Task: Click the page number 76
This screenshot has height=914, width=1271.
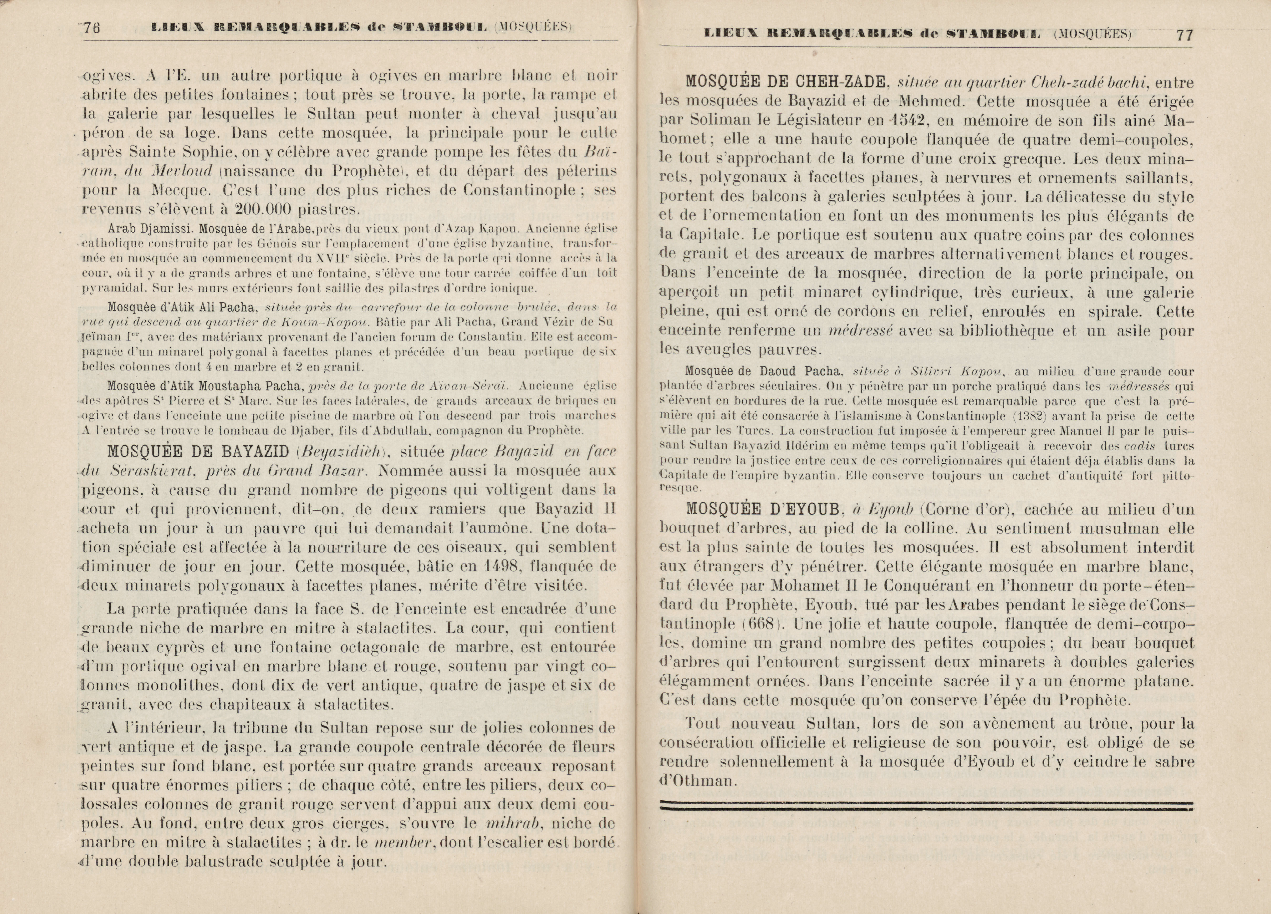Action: tap(91, 28)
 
